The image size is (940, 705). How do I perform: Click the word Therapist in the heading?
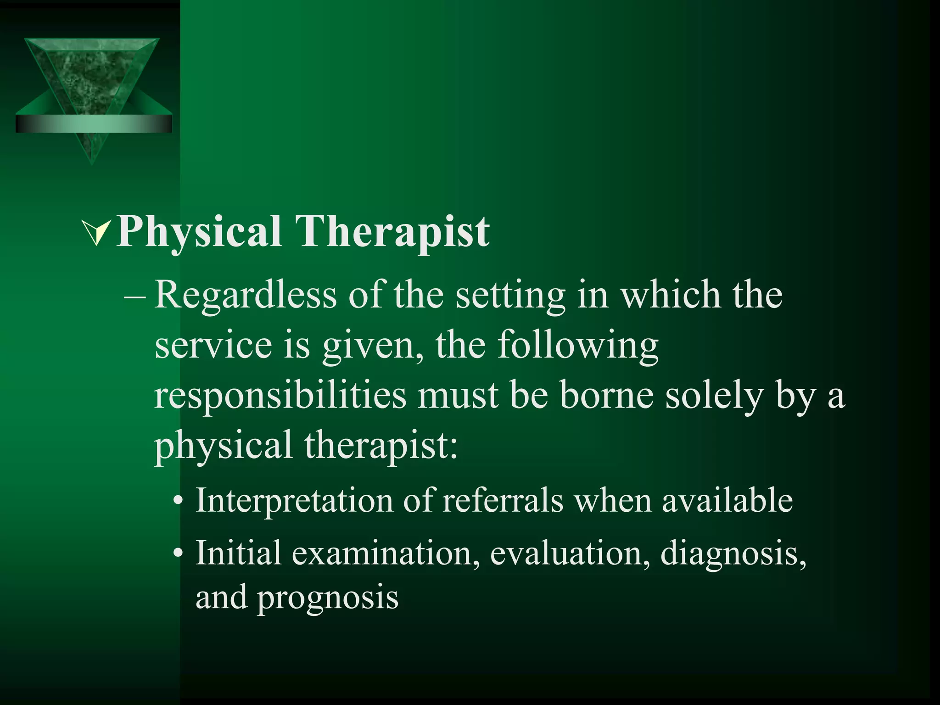[x=392, y=232]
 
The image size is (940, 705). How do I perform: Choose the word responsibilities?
[x=280, y=396]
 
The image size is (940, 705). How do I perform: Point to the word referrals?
[x=503, y=500]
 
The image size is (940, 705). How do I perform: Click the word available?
[x=727, y=500]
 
